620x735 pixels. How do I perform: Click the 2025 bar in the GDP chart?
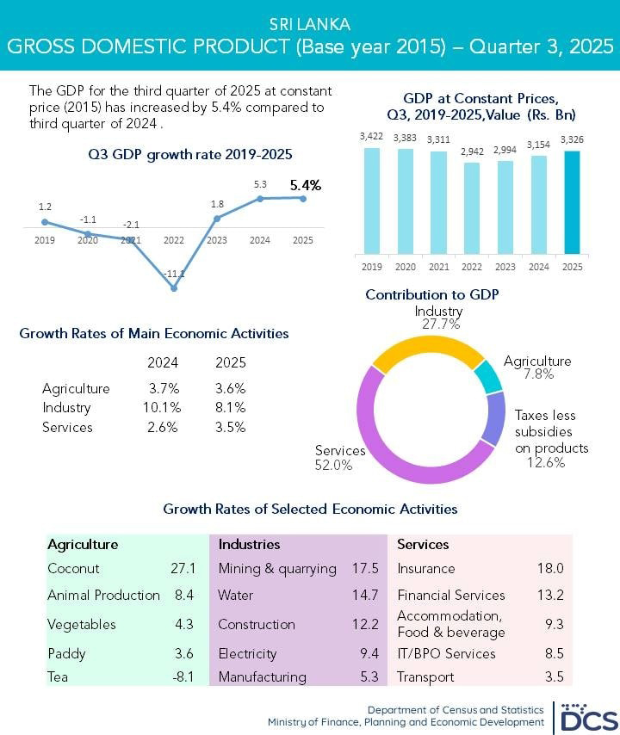tap(572, 202)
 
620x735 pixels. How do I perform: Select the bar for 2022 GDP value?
tap(472, 208)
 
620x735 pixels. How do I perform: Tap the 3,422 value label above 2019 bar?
tap(372, 137)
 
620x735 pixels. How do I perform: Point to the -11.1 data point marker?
tap(174, 288)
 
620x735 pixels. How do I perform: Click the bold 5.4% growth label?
tap(305, 184)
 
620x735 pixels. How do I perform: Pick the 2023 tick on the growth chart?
tap(217, 240)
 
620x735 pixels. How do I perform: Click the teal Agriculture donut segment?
tap(488, 376)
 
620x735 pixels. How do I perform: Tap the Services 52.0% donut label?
tap(340, 458)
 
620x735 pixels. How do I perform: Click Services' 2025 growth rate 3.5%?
tap(230, 428)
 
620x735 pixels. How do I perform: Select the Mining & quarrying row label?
tap(276, 569)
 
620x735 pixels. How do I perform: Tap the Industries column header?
tap(249, 545)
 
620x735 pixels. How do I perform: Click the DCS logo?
tap(586, 715)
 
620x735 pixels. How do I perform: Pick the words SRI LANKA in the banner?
tap(310, 24)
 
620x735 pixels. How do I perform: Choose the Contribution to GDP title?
tap(431, 295)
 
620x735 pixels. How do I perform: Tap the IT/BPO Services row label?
tap(446, 653)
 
